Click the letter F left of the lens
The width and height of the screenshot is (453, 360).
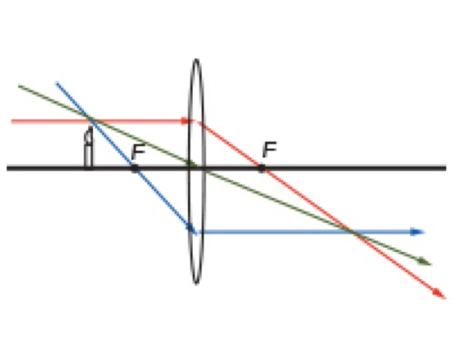click(x=138, y=152)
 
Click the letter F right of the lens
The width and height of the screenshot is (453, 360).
click(x=269, y=150)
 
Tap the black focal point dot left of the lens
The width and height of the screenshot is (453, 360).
click(x=135, y=168)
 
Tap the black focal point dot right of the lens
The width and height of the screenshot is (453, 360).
click(x=262, y=168)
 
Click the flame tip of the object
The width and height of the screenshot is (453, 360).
click(x=91, y=127)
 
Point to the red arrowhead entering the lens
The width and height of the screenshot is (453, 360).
click(x=185, y=121)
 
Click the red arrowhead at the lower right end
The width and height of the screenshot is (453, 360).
click(x=440, y=294)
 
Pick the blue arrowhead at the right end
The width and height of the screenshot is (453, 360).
click(x=417, y=232)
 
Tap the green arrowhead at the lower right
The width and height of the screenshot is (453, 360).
click(x=425, y=262)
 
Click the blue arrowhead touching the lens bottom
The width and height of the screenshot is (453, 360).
click(x=191, y=227)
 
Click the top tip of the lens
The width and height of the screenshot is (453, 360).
click(x=196, y=60)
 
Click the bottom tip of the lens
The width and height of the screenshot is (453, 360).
click(x=196, y=283)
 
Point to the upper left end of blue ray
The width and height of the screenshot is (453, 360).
click(x=57, y=83)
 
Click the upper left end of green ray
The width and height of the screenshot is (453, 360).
click(x=19, y=86)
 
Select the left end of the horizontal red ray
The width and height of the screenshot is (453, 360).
click(x=12, y=121)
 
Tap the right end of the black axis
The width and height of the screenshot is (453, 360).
click(x=446, y=168)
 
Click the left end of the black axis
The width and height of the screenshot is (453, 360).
click(x=8, y=168)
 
